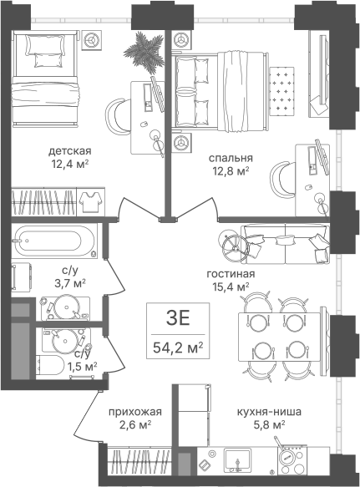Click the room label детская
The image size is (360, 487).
pos(70,151)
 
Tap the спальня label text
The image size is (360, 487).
pos(231,158)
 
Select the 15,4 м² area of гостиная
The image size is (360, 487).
pos(231,287)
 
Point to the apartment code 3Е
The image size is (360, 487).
pos(178,318)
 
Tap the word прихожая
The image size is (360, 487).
pos(135,412)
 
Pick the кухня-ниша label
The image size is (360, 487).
pos(269,412)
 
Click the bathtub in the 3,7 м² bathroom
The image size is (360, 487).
pos(54,241)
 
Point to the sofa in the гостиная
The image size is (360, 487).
pos(285,245)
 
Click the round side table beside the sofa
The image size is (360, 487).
pos(236,248)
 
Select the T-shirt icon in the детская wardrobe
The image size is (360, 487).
pos(90,201)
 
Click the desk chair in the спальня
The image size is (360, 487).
pos(281,180)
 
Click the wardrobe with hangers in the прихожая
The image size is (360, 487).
pos(139,460)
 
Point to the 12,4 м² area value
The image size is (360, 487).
pos(70,164)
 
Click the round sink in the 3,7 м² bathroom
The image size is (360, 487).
pos(66,307)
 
